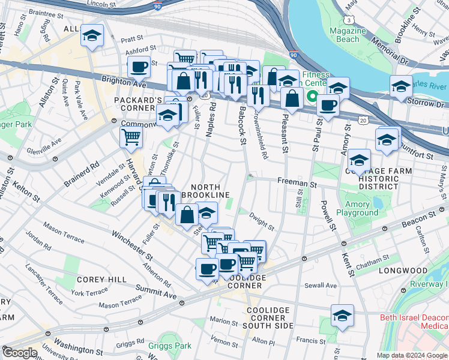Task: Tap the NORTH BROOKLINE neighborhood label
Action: (x=206, y=191)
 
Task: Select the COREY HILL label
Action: (x=101, y=280)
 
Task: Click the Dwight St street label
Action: (x=262, y=224)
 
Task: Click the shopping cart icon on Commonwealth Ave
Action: (x=131, y=137)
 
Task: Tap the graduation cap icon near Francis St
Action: (x=342, y=315)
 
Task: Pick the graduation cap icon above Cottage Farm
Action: (x=359, y=160)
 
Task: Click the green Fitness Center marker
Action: (x=312, y=96)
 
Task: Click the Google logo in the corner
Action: (x=19, y=353)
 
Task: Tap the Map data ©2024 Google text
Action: (x=412, y=355)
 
